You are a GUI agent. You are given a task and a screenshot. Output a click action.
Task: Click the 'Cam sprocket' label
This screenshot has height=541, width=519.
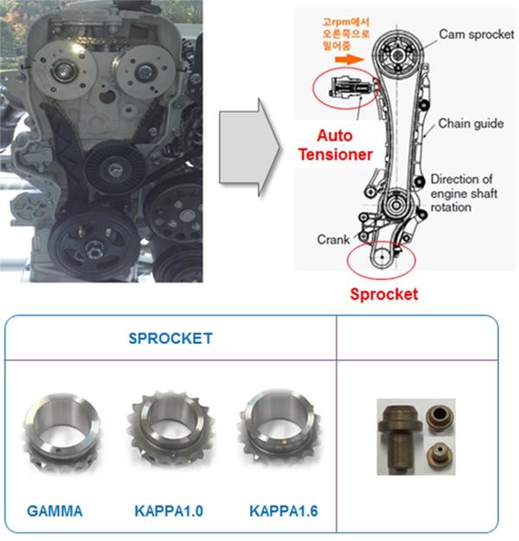[476, 34]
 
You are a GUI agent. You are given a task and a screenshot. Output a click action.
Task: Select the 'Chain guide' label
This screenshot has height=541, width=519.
[471, 124]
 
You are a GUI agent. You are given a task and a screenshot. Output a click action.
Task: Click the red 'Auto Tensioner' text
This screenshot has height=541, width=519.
[344, 145]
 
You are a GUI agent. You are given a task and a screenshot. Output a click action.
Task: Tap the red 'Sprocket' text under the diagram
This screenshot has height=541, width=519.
[383, 294]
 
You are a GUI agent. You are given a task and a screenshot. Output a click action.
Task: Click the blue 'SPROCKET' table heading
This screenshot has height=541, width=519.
[170, 338]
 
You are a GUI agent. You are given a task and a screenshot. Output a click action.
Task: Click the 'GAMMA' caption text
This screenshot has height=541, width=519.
[54, 512]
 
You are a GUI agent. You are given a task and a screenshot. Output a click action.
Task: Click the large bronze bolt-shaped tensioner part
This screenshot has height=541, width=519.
[400, 427]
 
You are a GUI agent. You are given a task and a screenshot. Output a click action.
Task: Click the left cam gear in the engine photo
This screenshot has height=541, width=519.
[63, 71]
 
